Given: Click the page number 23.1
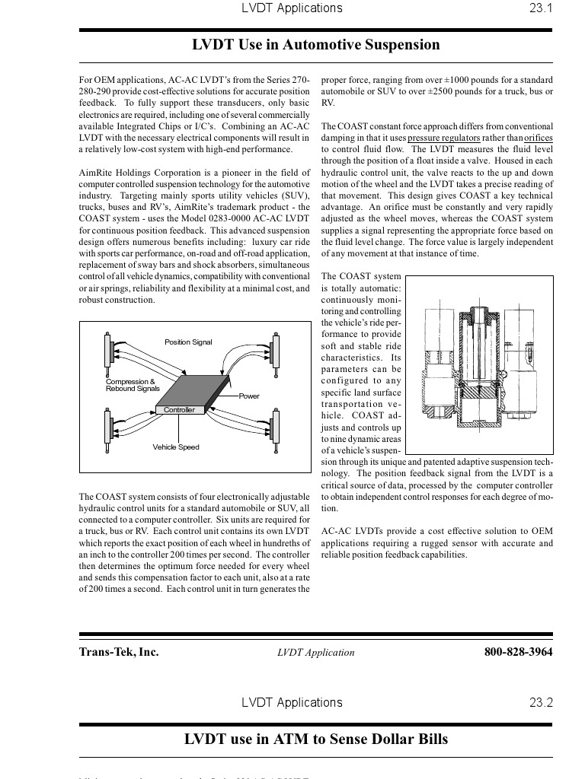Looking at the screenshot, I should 540,8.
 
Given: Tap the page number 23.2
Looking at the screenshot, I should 540,702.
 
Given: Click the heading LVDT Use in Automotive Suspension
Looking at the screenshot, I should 316,45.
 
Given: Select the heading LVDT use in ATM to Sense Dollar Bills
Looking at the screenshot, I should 316,739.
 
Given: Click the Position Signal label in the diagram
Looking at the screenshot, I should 188,342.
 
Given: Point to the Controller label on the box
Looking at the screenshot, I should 179,410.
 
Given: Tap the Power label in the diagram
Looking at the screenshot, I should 249,396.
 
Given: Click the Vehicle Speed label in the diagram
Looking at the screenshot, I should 176,447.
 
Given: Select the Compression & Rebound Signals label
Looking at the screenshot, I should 132,385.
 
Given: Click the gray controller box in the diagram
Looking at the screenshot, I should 192,390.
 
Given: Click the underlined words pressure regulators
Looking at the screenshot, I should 444,138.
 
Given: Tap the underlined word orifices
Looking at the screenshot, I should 539,138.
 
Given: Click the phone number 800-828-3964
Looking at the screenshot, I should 518,652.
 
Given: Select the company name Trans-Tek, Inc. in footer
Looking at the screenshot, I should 119,652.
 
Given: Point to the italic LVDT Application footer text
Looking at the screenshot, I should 316,653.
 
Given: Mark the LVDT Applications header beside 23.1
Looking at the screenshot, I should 292,8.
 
